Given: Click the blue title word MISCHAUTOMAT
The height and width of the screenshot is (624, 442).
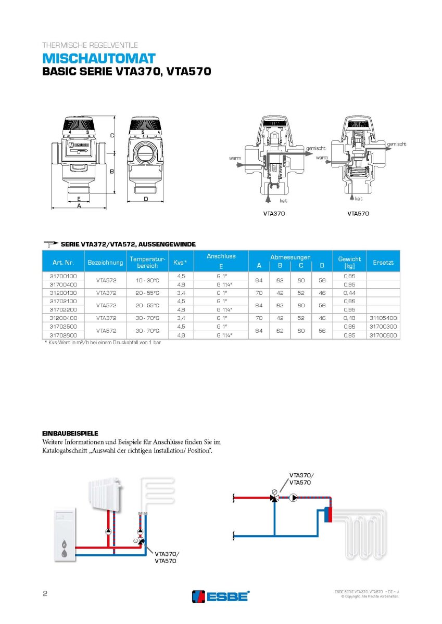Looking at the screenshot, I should [x=99, y=58].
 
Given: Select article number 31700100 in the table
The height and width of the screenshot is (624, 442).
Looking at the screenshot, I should [x=63, y=276].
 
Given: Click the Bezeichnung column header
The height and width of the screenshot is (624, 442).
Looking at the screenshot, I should [x=105, y=263].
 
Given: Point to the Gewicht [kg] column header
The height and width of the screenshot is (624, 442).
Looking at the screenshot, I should [x=349, y=262].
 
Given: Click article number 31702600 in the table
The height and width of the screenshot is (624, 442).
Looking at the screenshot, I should [x=63, y=335].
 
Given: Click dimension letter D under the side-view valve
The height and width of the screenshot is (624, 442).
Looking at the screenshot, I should [x=146, y=199].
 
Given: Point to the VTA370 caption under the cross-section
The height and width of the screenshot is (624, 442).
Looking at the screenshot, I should [x=274, y=213].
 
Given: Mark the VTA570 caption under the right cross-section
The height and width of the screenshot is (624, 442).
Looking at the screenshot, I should [x=358, y=213].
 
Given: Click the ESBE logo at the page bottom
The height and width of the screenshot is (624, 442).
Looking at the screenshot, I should [x=221, y=596].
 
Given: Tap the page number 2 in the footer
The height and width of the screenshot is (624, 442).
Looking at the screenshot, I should [x=45, y=594].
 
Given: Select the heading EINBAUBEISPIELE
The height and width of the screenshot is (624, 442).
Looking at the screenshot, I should [x=70, y=433].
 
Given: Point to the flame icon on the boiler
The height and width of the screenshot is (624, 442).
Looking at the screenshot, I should [x=64, y=544].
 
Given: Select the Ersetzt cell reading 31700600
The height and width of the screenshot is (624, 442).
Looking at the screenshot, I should [x=383, y=335].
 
